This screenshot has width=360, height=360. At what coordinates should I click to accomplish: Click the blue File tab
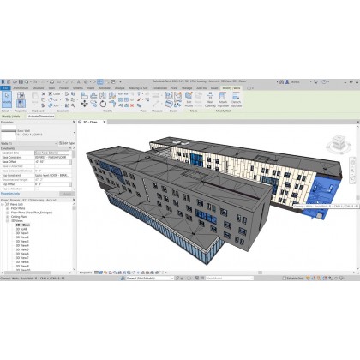[x=5, y=87]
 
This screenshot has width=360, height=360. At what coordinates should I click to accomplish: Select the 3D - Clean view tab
[x=89, y=123]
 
